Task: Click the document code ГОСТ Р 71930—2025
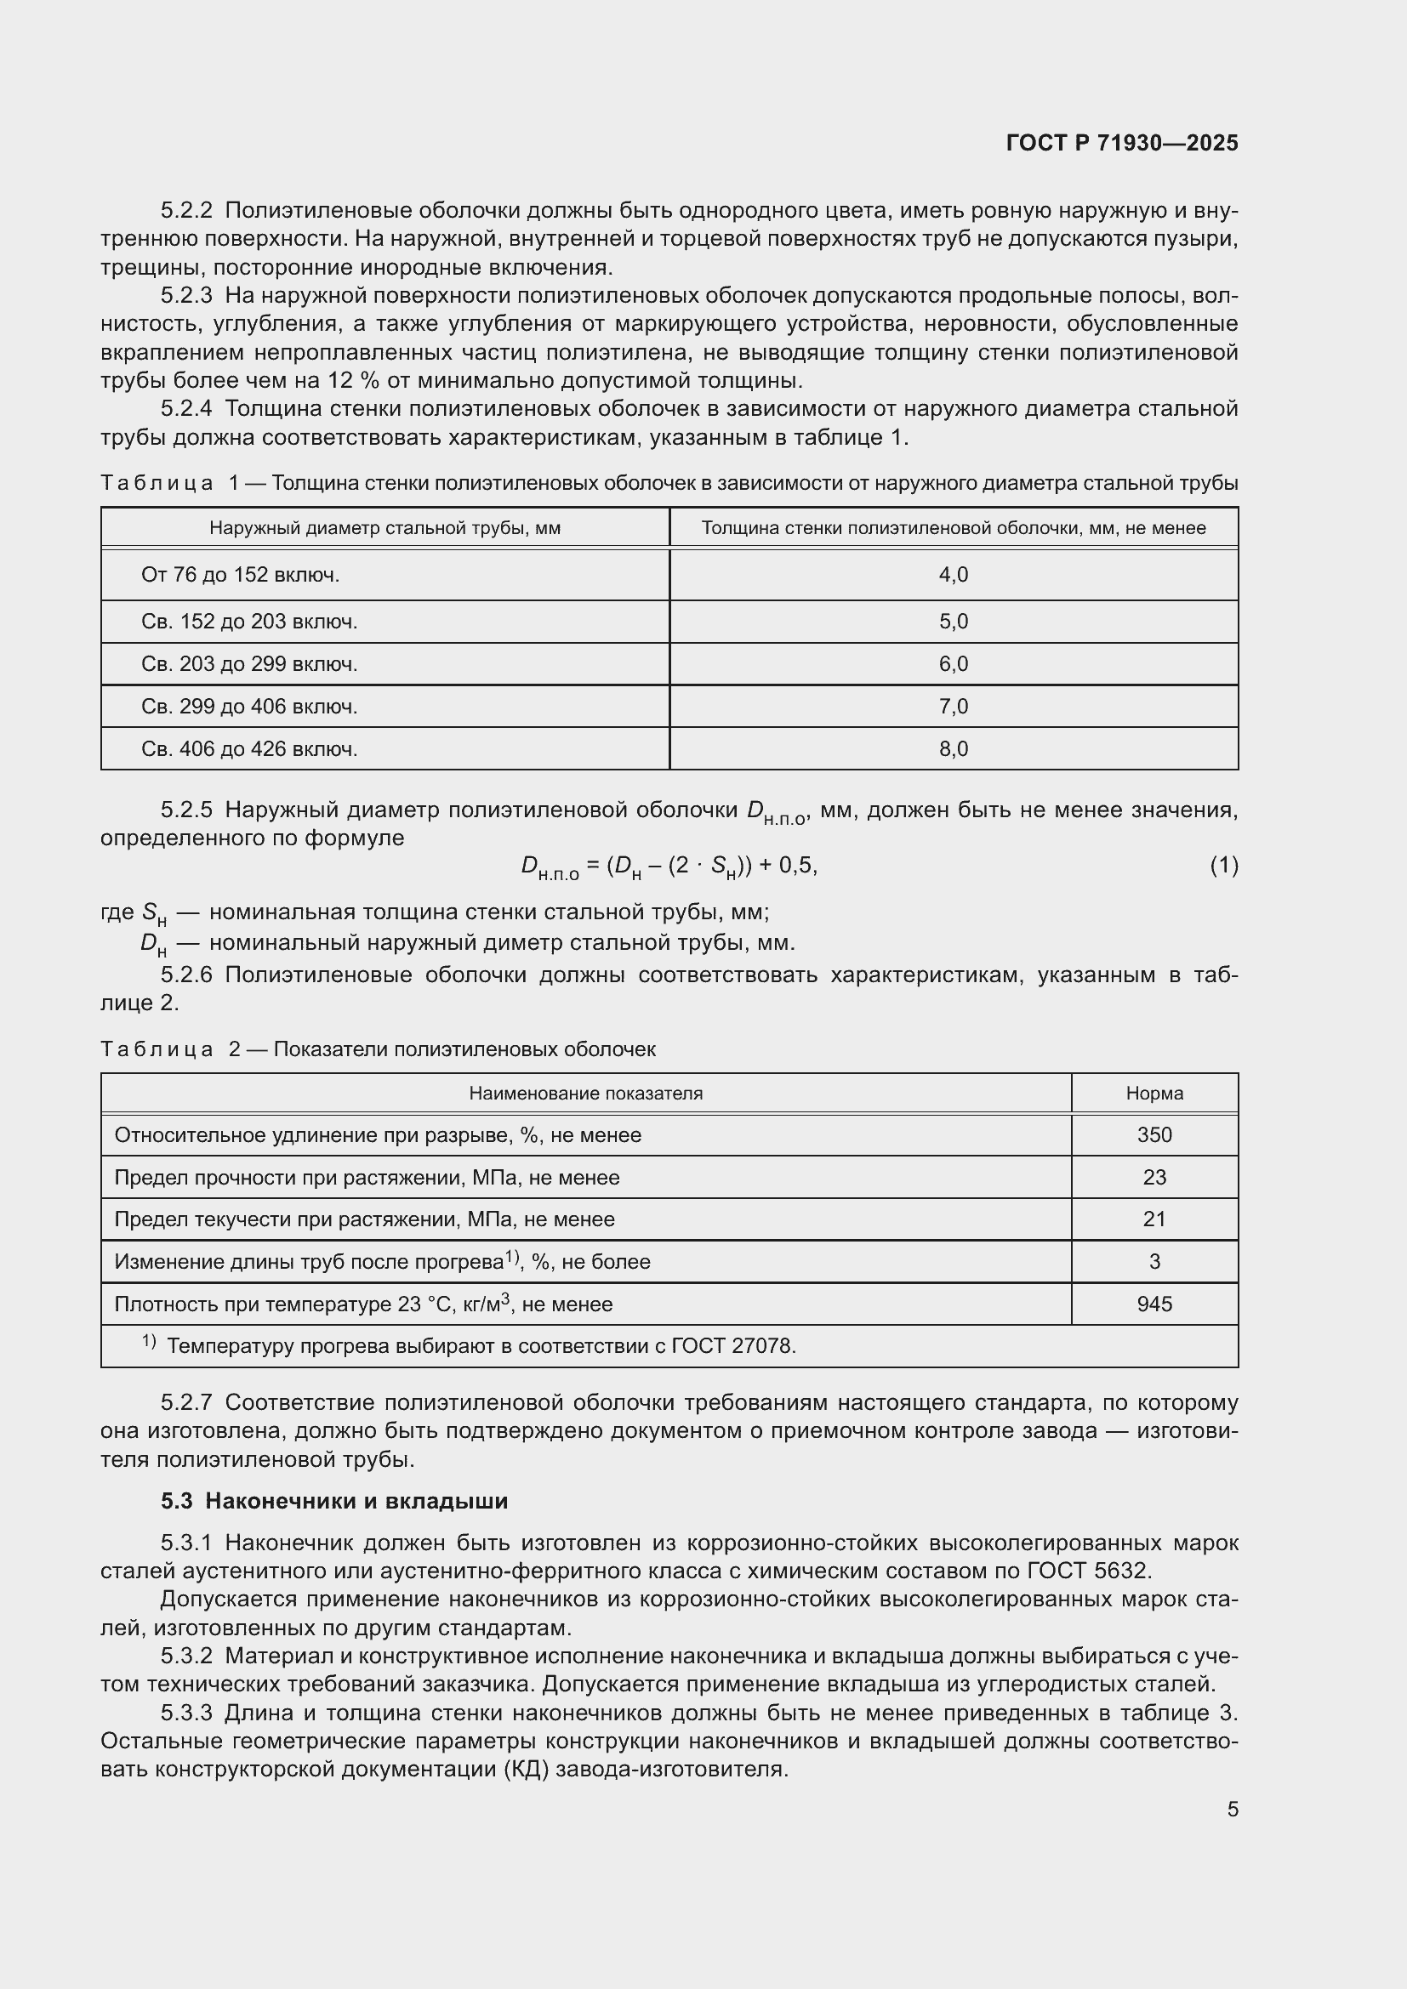click(x=1121, y=143)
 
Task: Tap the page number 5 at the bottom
click(x=1232, y=1809)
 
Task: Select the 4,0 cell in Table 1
click(x=953, y=574)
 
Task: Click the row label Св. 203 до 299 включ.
click(x=248, y=663)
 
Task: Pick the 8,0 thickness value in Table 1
click(x=953, y=748)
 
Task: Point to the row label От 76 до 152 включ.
click(x=240, y=574)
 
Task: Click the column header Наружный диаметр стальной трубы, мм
click(x=385, y=527)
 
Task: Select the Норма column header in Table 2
click(x=1154, y=1094)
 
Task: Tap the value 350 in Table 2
click(x=1154, y=1135)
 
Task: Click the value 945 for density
click(x=1154, y=1304)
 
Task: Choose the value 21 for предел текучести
click(x=1154, y=1219)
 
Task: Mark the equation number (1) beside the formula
click(x=1223, y=865)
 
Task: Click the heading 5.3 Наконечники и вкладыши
click(x=334, y=1500)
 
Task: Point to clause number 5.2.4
click(x=186, y=409)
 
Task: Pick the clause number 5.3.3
click(x=186, y=1713)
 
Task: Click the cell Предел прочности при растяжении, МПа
click(x=367, y=1177)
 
